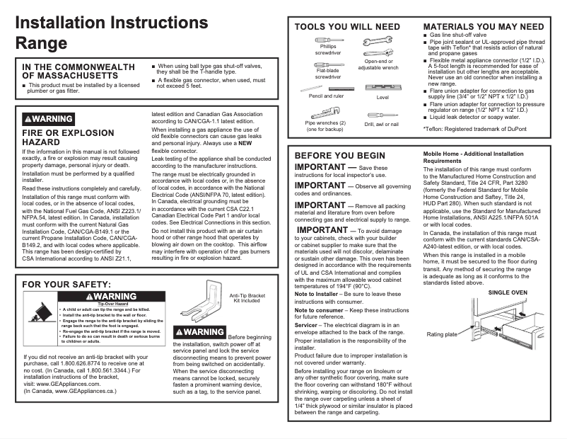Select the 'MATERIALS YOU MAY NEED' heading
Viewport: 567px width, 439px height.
pyautogui.click(x=478, y=27)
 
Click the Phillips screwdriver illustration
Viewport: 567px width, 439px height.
pyautogui.click(x=328, y=39)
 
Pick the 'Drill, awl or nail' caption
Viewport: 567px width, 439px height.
pyautogui.click(x=382, y=124)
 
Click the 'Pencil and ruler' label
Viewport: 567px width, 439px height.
pyautogui.click(x=326, y=96)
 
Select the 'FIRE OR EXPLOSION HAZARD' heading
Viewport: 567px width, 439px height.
pyautogui.click(x=68, y=137)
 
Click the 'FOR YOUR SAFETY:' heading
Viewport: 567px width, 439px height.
pyautogui.click(x=66, y=285)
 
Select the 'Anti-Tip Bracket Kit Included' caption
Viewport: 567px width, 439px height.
pyautogui.click(x=247, y=298)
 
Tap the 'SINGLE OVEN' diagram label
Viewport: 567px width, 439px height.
pyautogui.click(x=508, y=292)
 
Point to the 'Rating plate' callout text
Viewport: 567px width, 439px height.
pyautogui.click(x=442, y=334)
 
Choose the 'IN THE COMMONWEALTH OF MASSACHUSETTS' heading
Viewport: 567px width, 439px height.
pyautogui.click(x=78, y=71)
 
